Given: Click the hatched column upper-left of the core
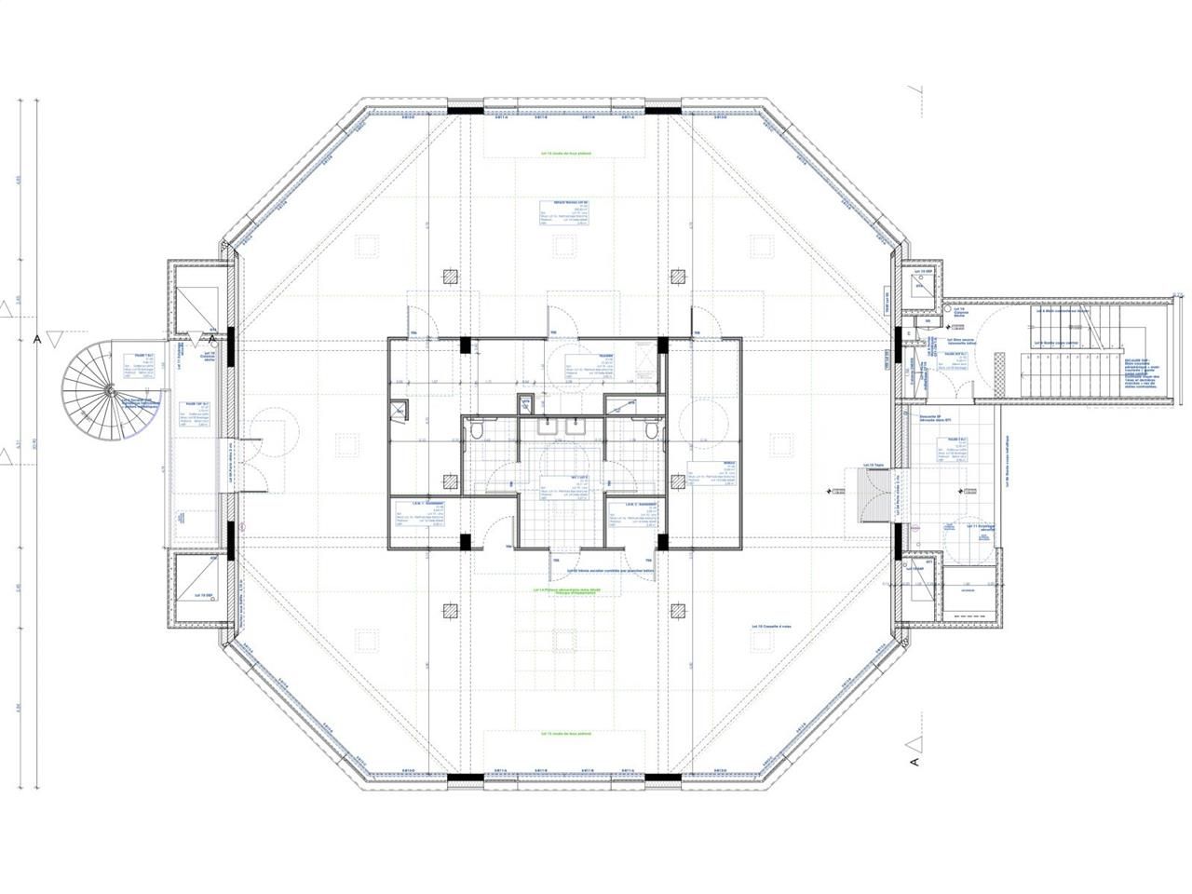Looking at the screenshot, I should [x=451, y=277].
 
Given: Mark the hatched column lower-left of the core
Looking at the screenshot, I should [x=451, y=610].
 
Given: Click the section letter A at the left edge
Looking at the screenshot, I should [x=38, y=340].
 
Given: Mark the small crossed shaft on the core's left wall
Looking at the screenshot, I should [x=400, y=410].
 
